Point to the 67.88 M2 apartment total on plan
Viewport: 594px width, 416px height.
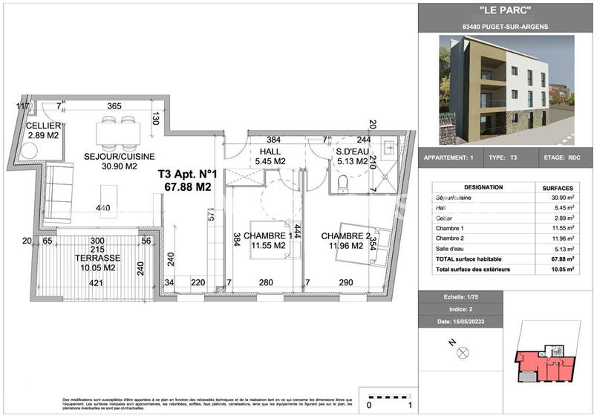(x=186, y=188)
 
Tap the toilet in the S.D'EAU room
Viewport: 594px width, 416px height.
(x=343, y=182)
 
